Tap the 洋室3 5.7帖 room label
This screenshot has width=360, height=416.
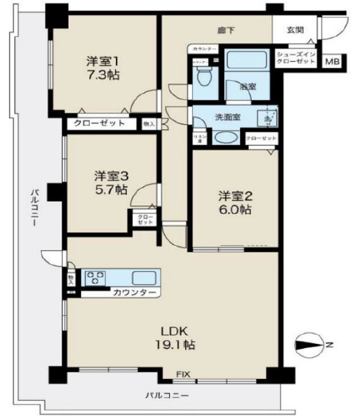coord(110,181)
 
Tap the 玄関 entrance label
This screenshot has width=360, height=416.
coord(296,30)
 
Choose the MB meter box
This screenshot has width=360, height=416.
coord(331,62)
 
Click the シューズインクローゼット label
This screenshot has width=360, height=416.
coord(296,58)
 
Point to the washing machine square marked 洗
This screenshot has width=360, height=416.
coord(268,117)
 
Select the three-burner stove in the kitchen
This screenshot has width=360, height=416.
coord(96,278)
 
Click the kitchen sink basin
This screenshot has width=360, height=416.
coord(145,278)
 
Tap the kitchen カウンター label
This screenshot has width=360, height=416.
coord(134,293)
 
